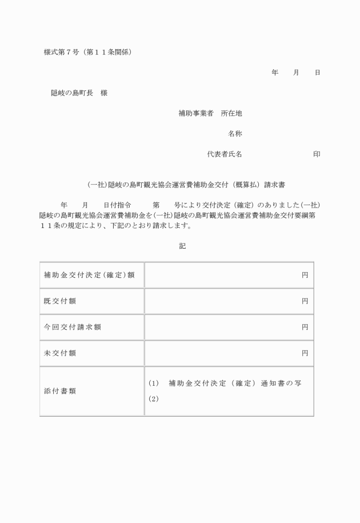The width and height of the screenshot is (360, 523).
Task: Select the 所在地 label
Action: tap(231, 114)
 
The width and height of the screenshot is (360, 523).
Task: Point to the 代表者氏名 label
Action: tap(225, 154)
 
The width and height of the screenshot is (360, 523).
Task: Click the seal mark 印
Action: tap(317, 154)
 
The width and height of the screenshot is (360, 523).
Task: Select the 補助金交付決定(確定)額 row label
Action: tap(89, 275)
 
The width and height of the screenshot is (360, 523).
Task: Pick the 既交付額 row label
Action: tap(60, 301)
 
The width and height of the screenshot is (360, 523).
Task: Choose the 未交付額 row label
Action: tap(60, 353)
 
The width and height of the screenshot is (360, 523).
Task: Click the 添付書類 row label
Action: tap(60, 392)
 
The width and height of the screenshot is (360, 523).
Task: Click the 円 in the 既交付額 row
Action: tap(305, 301)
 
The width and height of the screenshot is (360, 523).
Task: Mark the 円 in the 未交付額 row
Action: tap(305, 353)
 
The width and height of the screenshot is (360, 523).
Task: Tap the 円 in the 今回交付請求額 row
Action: tap(305, 327)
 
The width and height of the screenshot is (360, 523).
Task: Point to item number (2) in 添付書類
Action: tap(153, 399)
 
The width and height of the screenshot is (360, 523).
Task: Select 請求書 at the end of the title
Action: tap(275, 185)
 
